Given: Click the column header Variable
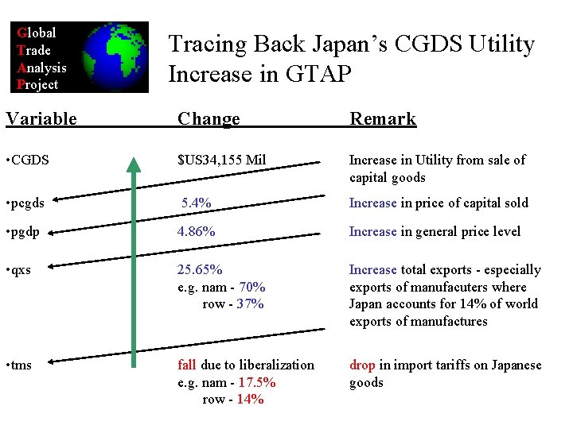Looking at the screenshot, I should [41, 119].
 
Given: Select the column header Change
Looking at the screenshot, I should [209, 119].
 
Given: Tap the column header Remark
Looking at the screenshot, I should [383, 119].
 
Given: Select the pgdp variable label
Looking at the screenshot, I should [25, 232].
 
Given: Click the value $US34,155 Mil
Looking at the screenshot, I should [221, 160].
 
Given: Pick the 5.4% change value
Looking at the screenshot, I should [196, 203].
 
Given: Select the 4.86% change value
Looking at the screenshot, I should [196, 232].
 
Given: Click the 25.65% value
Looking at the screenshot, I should [200, 270].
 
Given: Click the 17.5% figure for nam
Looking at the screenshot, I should [257, 382].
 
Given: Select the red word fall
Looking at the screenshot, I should [186, 365].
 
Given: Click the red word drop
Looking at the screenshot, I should [362, 365].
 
